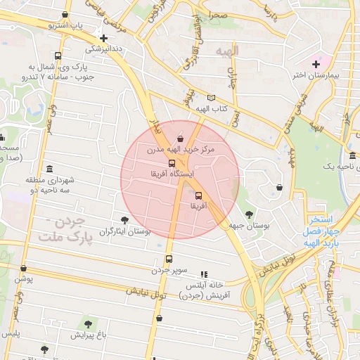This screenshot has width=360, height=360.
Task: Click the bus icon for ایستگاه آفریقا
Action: [173, 163]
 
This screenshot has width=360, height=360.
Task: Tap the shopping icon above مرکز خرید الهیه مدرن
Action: [181, 139]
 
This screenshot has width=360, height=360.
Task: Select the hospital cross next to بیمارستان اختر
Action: [316, 65]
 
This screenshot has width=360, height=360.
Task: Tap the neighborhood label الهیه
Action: [228, 51]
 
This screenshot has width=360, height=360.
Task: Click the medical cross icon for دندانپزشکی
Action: [104, 39]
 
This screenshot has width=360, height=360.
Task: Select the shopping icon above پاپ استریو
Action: [65, 14]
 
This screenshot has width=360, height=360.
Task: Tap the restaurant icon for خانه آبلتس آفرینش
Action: [204, 274]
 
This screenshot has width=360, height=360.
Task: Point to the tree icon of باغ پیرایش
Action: [88, 324]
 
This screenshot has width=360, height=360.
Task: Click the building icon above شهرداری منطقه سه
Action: [49, 169]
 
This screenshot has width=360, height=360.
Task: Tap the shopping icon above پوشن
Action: [23, 268]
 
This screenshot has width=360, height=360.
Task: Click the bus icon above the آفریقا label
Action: [198, 195]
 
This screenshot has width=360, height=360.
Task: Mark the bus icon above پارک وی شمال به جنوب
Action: [57, 56]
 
